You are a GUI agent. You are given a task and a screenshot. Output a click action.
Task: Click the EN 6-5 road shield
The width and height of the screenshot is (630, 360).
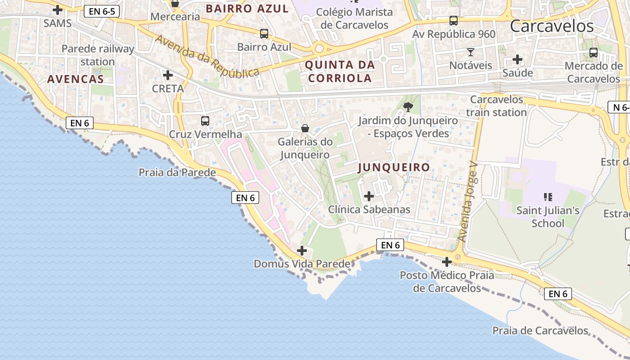coord(102,12)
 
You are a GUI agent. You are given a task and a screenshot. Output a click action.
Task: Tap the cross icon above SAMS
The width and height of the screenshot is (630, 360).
coord(58,9)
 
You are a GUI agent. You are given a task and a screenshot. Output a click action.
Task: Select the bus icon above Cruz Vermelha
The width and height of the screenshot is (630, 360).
coord(205,121)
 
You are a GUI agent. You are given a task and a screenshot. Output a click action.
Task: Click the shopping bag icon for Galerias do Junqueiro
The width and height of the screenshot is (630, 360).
coord(305,128)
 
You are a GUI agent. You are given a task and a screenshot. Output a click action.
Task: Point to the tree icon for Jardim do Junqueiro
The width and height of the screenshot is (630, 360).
coord(408,107)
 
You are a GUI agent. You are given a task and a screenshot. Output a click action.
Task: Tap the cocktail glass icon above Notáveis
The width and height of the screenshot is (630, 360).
coord(471,52)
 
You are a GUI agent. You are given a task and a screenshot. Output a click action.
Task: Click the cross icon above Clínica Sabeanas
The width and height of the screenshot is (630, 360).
coord(369,196)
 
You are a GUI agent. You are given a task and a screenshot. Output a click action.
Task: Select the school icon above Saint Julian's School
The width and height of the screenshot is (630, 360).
coord(548,196)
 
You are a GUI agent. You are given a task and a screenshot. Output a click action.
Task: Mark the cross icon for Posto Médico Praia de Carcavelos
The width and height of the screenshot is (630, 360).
coord(447,261)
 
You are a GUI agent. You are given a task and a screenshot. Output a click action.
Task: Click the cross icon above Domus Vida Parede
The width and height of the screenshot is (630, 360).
coord(302,250)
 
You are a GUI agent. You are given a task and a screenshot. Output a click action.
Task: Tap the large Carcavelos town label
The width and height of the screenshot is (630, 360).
coord(552,26)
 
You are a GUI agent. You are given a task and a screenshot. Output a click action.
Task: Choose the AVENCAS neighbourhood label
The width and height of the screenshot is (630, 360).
coord(76,79)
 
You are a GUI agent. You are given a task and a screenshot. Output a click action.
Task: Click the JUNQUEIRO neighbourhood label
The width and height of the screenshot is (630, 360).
coord(394,167)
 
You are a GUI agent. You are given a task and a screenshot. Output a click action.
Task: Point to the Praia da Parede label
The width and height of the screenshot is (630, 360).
coord(177,172)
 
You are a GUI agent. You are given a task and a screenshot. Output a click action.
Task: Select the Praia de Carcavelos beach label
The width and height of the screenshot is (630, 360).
coord(540,331)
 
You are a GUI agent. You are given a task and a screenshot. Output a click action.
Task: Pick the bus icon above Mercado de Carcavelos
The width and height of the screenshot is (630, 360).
coord(594,53)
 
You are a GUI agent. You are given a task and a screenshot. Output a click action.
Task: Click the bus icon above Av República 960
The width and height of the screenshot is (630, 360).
coord(454,21)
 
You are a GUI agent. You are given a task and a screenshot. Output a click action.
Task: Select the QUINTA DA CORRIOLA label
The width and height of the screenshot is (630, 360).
coord(340,71)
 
